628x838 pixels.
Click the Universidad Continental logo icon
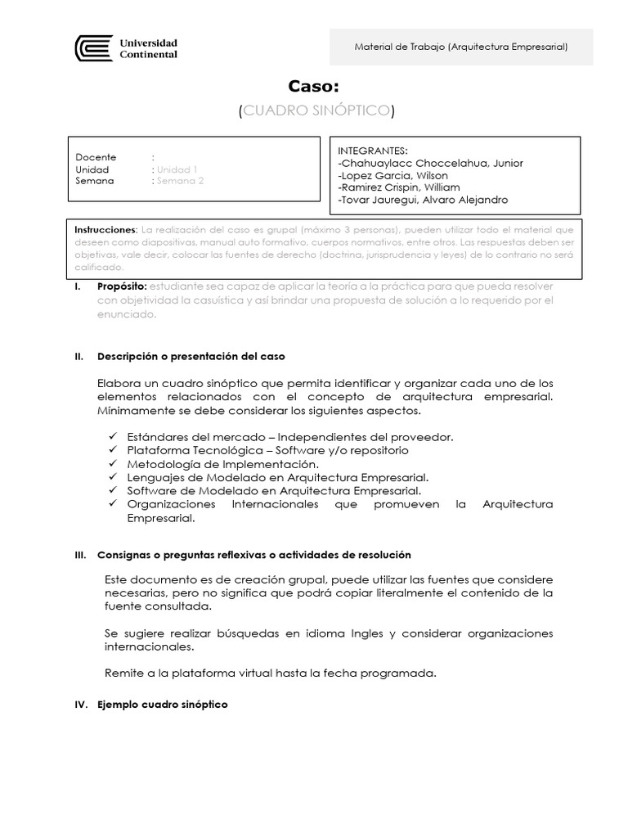pos(93,48)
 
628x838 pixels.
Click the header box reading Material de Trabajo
pos(461,47)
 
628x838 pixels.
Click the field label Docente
pos(96,157)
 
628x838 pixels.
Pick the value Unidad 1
pos(177,169)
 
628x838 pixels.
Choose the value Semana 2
pos(180,181)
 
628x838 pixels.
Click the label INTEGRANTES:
pos(372,151)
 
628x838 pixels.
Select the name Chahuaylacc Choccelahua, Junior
pos(430,163)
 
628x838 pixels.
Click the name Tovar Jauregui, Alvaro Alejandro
pos(423,200)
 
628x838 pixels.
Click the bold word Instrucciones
pos(103,230)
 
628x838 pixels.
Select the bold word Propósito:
pos(121,286)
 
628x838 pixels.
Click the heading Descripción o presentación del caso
pos(191,357)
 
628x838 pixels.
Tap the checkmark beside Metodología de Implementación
pos(112,463)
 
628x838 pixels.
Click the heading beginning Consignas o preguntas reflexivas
pos(253,555)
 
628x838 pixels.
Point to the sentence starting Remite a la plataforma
pos(271,674)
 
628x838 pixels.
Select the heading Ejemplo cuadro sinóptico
pos(162,705)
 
